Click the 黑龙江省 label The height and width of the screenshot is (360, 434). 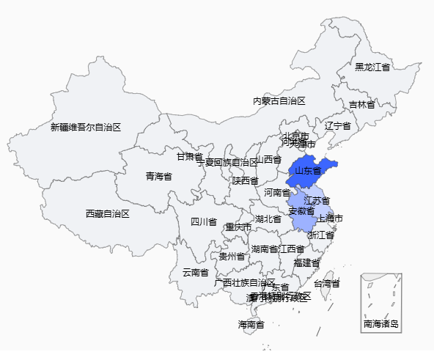[x=372, y=67]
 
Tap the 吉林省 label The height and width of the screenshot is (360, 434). [x=361, y=105]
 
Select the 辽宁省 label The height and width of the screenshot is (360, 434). [x=338, y=125]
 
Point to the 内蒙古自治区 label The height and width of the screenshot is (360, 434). [x=279, y=100]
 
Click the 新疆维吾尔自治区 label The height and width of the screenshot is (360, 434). [x=86, y=127]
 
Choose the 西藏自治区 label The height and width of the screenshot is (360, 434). [x=107, y=213]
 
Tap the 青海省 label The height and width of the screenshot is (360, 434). [x=158, y=176]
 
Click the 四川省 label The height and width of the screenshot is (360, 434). [x=204, y=221]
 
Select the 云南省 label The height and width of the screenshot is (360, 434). [x=195, y=272]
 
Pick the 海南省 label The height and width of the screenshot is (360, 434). [x=251, y=324]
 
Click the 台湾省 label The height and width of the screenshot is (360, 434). [x=327, y=283]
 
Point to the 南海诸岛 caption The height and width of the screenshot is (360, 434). [x=381, y=323]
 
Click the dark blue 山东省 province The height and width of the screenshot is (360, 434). [x=309, y=171]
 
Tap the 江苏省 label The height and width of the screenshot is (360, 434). [x=317, y=200]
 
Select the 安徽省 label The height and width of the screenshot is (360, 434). [x=301, y=211]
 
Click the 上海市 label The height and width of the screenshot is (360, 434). [x=329, y=218]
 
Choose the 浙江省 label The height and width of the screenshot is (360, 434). [x=321, y=235]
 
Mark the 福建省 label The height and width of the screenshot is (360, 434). [x=306, y=262]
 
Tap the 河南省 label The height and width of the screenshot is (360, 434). [x=277, y=193]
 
